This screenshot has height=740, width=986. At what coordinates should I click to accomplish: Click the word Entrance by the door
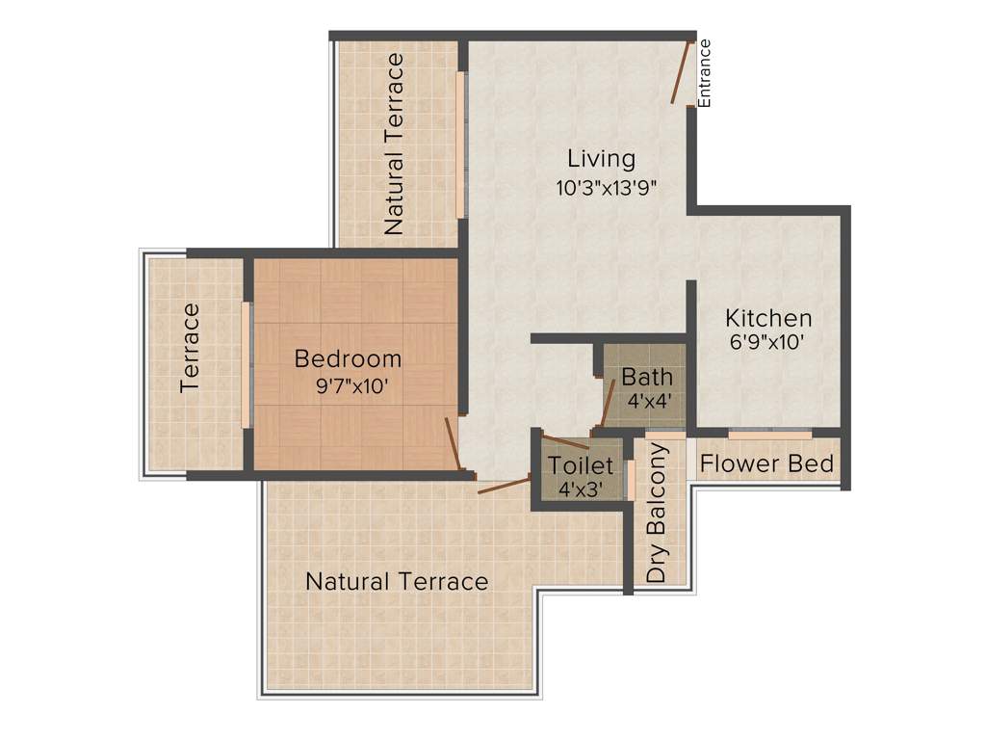(705, 72)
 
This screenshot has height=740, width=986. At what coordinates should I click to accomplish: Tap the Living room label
(601, 158)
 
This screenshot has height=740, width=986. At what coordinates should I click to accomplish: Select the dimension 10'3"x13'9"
(606, 187)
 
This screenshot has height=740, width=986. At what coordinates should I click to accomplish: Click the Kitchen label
(768, 318)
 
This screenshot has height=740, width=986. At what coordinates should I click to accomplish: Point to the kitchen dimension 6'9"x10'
(767, 341)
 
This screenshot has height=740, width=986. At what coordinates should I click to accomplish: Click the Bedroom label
(348, 359)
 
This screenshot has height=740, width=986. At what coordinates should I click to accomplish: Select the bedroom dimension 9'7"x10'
(348, 384)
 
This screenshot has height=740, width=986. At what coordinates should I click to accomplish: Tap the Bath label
(647, 376)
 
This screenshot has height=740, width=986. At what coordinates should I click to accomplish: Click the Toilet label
(581, 465)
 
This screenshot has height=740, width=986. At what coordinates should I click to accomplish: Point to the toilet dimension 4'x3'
(581, 489)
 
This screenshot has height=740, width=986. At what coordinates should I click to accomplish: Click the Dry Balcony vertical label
(658, 513)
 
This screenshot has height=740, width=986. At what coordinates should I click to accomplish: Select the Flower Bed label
(766, 463)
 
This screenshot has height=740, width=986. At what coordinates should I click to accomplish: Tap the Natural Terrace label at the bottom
(397, 582)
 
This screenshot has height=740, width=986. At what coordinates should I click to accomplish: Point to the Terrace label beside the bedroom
(190, 348)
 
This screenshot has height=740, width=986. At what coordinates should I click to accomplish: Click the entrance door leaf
(682, 71)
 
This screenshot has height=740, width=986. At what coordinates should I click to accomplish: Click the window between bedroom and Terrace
(246, 364)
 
